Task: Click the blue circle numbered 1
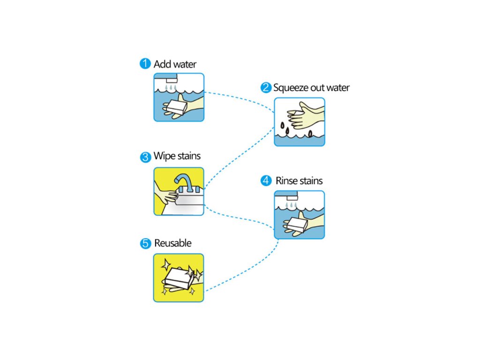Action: (145, 63)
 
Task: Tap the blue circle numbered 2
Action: (266, 88)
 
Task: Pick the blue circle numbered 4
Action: (266, 181)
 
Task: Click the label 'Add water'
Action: (175, 64)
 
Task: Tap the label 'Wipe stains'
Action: (177, 156)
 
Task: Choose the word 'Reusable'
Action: (172, 243)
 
